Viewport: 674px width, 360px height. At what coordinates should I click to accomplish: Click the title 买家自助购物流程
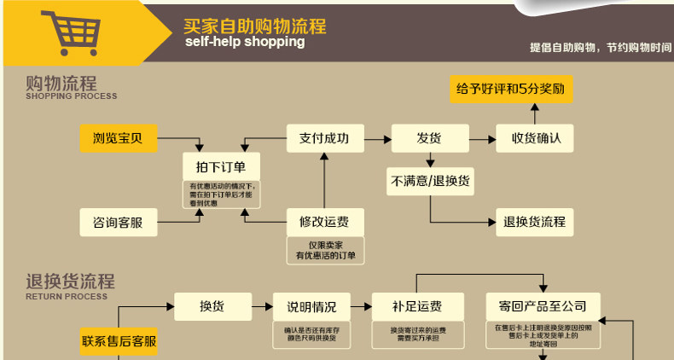point(254,26)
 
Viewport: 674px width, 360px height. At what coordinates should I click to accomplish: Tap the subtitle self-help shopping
point(244,42)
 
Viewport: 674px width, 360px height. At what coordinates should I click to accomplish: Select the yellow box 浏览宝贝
point(119,138)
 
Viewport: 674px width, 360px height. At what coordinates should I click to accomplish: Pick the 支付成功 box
point(324,138)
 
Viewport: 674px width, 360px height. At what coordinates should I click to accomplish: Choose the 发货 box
point(429,138)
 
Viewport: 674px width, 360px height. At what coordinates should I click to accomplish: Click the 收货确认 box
point(536,138)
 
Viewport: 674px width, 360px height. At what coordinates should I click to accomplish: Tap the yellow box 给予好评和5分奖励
point(511,89)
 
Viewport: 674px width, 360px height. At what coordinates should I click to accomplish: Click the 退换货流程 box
point(535,223)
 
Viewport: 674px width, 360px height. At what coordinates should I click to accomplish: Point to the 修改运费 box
point(324,223)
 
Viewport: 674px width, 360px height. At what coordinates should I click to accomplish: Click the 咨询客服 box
point(119,223)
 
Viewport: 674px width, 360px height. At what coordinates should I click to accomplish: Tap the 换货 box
point(212,305)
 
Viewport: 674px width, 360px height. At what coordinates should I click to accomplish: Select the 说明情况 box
point(311,306)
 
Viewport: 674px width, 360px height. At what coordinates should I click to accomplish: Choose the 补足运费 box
point(417,306)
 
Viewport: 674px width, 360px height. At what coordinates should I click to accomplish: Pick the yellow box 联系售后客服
point(119,340)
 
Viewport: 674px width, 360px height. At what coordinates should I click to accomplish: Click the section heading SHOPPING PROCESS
point(72,96)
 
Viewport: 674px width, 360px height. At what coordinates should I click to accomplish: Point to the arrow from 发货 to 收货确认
point(483,138)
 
